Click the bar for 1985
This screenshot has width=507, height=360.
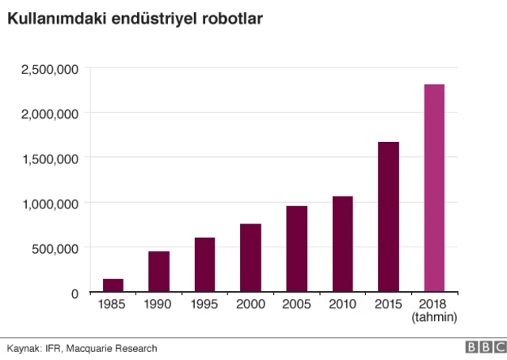pyautogui.click(x=112, y=285)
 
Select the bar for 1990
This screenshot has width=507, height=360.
pyautogui.click(x=158, y=272)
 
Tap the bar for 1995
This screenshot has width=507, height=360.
pyautogui.click(x=204, y=265)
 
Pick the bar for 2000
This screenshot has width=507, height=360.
pyautogui.click(x=250, y=258)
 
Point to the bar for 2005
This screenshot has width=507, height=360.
pyautogui.click(x=296, y=249)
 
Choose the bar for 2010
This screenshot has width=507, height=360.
pyautogui.click(x=342, y=244)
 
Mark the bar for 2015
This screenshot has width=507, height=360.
pyautogui.click(x=388, y=217)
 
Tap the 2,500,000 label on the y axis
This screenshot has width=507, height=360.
pyautogui.click(x=49, y=69)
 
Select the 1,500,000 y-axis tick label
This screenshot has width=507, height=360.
pyautogui.click(x=49, y=159)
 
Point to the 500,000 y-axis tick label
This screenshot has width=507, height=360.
pyautogui.click(x=55, y=248)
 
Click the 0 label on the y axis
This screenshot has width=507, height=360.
pyautogui.click(x=74, y=293)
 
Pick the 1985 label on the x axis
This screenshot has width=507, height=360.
pyautogui.click(x=112, y=306)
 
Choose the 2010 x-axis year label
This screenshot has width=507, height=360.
pyautogui.click(x=342, y=306)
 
